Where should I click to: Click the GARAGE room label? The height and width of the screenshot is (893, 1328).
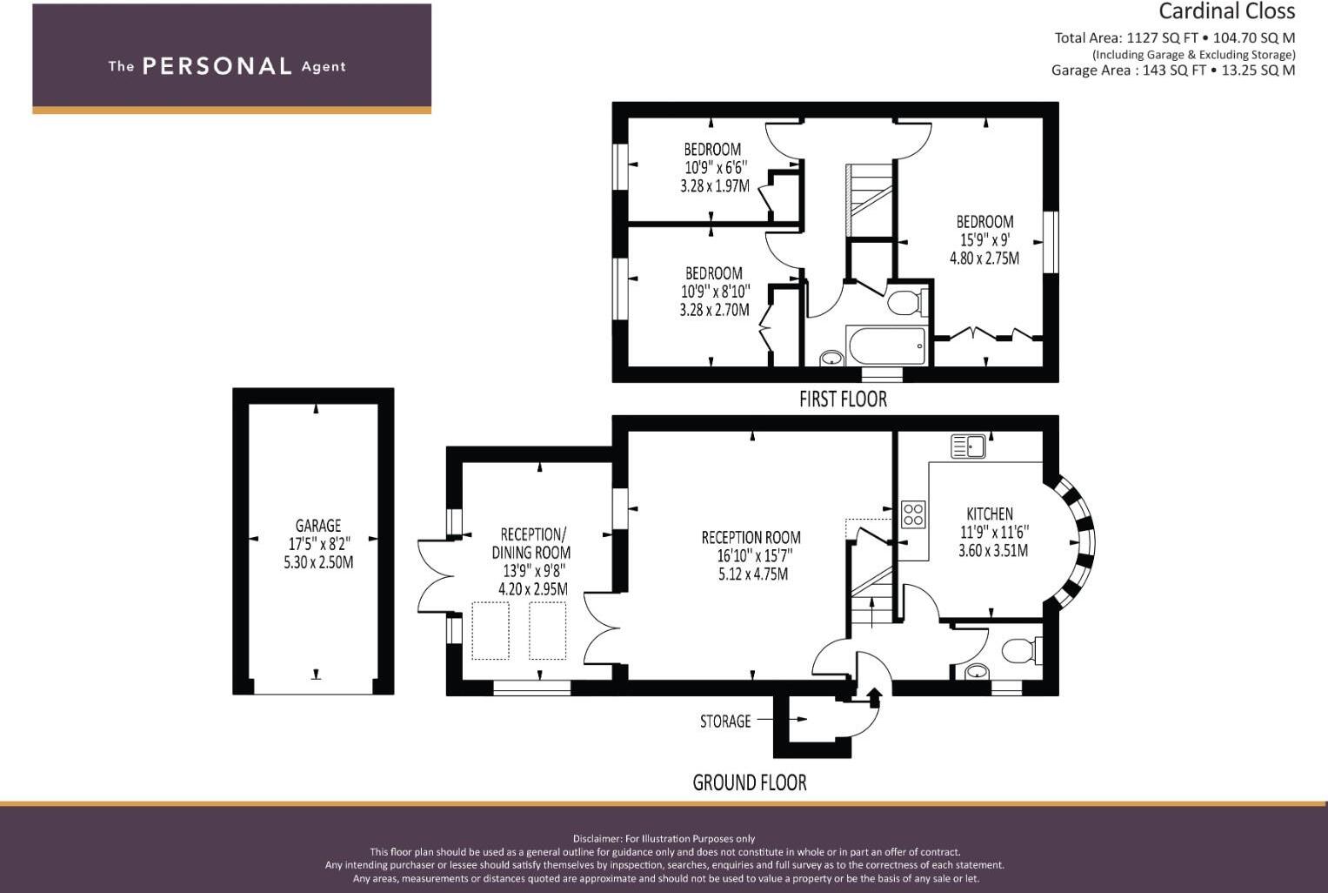pos(317,526)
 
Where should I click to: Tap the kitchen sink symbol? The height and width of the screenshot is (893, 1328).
pos(968,446)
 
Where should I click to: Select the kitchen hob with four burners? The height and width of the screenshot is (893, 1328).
pos(913,514)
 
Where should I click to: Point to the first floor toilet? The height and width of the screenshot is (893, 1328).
pos(906,303)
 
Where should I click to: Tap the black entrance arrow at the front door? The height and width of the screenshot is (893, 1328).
pos(873,696)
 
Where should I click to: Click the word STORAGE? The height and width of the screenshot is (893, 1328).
pos(725,722)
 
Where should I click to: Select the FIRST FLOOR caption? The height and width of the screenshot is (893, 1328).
pos(843,399)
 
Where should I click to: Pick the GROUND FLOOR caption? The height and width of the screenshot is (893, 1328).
pos(749,782)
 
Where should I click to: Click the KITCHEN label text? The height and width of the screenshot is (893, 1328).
pos(990,514)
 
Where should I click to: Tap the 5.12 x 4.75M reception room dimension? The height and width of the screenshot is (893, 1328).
pos(753,574)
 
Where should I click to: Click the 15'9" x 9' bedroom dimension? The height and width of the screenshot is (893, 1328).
pos(984,239)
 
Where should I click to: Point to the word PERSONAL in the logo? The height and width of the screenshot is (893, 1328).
pos(217,66)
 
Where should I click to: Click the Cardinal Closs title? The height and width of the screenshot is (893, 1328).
pos(1226,12)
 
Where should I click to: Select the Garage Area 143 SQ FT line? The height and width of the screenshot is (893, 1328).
pos(1172,70)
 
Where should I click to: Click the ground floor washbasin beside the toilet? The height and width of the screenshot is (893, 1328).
pos(978,671)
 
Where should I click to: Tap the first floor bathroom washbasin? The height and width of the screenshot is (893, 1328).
pos(832,357)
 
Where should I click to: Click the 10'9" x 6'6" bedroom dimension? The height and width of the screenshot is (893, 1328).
pos(715,167)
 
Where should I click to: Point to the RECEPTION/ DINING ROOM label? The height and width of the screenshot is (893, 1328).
pos(532,543)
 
